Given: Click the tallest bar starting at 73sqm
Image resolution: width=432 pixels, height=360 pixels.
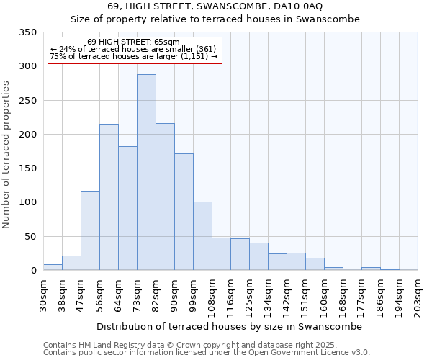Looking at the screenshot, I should pos(146,172).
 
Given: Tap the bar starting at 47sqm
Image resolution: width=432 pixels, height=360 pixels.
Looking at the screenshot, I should pos(90,230).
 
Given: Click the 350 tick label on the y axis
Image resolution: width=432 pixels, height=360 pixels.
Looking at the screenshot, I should pos(27,32).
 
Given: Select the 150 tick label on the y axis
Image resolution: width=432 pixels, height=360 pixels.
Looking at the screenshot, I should pos(27,168).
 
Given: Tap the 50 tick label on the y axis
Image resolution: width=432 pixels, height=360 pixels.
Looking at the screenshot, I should pos(30,236).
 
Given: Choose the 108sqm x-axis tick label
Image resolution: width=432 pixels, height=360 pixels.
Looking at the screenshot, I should pos(212,295).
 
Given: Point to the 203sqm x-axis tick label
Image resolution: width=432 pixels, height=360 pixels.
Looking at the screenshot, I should pos(418,295).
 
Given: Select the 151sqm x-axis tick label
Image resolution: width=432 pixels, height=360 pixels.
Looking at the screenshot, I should pos(306,295).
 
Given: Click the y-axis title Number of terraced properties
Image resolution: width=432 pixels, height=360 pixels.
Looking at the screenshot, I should pos(7,154).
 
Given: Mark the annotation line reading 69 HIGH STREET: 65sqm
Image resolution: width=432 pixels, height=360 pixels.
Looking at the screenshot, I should pos(133,42).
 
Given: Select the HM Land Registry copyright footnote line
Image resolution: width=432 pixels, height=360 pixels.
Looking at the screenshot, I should pos(205,345).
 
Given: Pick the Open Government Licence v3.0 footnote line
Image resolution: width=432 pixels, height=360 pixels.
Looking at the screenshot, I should pos(207,352).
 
